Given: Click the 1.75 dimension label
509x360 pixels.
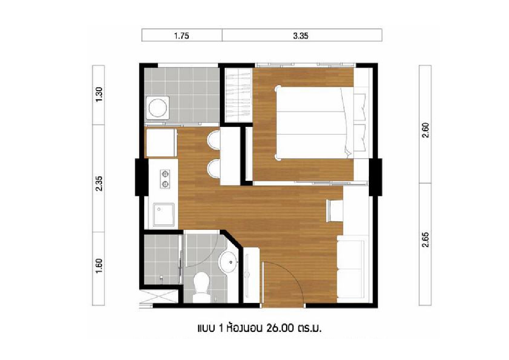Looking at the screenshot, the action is (x=182, y=36).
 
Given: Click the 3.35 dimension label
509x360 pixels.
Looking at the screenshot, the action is (x=300, y=36).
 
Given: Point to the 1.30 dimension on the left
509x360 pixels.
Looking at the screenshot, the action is (x=99, y=94).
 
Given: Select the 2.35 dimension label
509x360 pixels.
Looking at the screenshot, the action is (x=99, y=183).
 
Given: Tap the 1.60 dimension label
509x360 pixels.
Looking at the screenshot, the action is (x=99, y=266).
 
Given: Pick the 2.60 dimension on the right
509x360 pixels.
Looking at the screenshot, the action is (x=425, y=130).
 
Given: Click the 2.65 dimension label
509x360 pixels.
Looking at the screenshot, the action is (x=425, y=240).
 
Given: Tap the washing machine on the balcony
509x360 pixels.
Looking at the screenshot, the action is (x=158, y=107).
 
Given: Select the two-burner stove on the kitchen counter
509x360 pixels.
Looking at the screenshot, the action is (x=165, y=179).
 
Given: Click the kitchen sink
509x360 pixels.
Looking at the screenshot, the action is (x=164, y=214).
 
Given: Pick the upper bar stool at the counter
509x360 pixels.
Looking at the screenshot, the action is (x=214, y=140).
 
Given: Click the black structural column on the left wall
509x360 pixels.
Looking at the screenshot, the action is (x=142, y=177).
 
